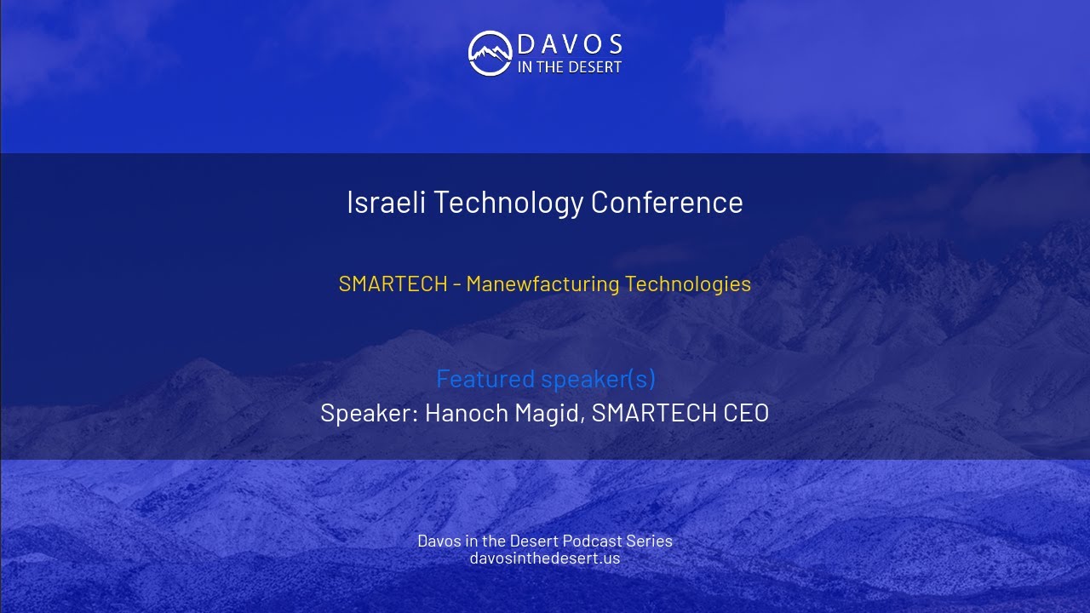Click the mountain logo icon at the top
click(489, 53)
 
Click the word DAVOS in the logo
click(570, 44)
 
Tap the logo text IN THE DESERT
click(570, 67)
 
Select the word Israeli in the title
click(381, 203)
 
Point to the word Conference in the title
click(667, 203)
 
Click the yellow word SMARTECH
click(393, 284)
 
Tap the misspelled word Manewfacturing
click(542, 284)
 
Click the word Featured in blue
click(485, 378)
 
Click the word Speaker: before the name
click(369, 413)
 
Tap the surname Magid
click(549, 413)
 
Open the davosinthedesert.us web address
click(545, 559)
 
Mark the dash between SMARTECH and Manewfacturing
click(457, 284)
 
